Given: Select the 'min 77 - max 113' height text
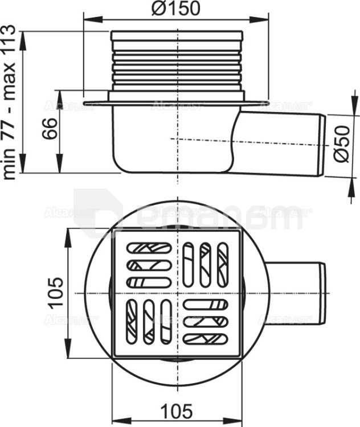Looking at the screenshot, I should point(10,102).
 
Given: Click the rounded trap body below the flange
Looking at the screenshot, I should point(171,142).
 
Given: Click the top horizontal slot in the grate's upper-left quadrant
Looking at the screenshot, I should point(149,248).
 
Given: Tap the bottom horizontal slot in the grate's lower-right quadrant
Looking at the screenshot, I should point(206,338).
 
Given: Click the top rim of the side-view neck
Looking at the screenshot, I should point(177,32).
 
